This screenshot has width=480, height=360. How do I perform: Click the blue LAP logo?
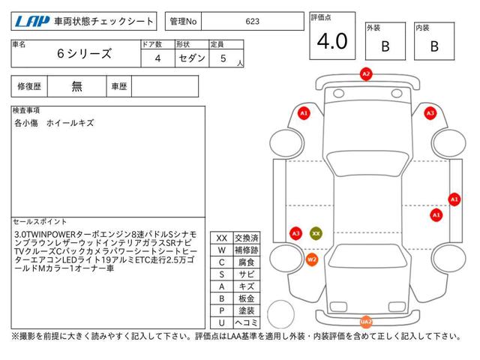pyautogui.click(x=32, y=22)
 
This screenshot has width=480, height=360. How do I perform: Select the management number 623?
pyautogui.click(x=252, y=21)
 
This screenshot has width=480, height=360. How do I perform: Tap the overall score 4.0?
pyautogui.click(x=332, y=41)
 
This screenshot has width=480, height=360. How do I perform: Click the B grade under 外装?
pyautogui.click(x=385, y=46)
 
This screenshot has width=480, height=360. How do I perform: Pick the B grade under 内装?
pyautogui.click(x=434, y=46)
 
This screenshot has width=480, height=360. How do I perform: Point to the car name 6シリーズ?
pyautogui.click(x=84, y=53)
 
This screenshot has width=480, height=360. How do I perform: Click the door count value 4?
pyautogui.click(x=157, y=58)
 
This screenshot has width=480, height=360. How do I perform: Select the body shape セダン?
pyautogui.click(x=192, y=58)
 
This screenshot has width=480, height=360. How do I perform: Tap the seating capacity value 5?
pyautogui.click(x=223, y=58)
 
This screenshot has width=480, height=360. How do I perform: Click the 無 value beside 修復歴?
pyautogui.click(x=76, y=86)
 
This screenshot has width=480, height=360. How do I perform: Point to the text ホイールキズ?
pyautogui.click(x=70, y=123)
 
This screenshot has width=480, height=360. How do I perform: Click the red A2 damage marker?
pyautogui.click(x=366, y=74)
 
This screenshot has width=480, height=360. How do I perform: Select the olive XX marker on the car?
pyautogui.click(x=316, y=233)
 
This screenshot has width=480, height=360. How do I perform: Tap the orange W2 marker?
pyautogui.click(x=312, y=260)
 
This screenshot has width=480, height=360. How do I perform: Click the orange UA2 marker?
pyautogui.click(x=366, y=322)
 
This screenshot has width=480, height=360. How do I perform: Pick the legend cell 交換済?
pyautogui.click(x=247, y=238)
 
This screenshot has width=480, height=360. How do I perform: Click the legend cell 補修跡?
pyautogui.click(x=247, y=250)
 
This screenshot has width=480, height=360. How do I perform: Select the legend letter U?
pyautogui.click(x=222, y=322)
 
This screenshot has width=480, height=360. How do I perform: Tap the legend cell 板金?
pyautogui.click(x=247, y=298)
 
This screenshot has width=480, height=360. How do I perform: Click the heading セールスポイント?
pyautogui.click(x=40, y=222)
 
